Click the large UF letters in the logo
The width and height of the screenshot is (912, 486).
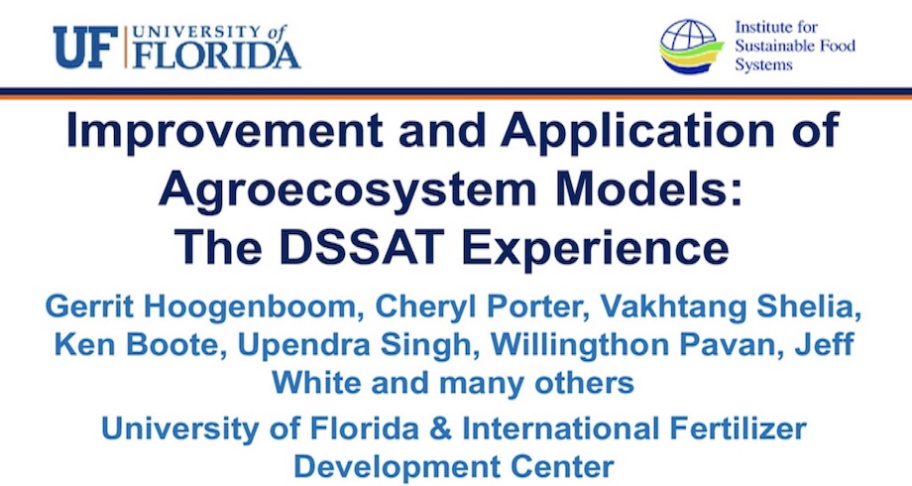pyautogui.click(x=82, y=47)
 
